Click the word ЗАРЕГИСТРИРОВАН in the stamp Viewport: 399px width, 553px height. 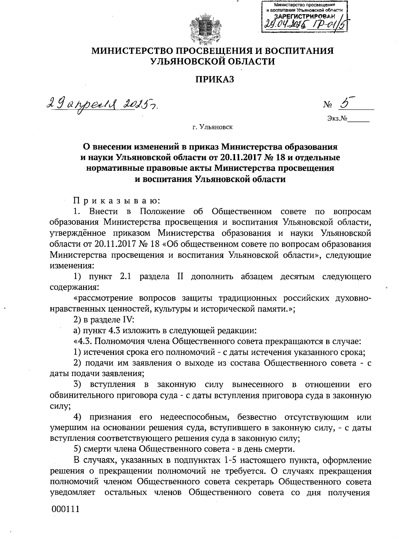(304, 16)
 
